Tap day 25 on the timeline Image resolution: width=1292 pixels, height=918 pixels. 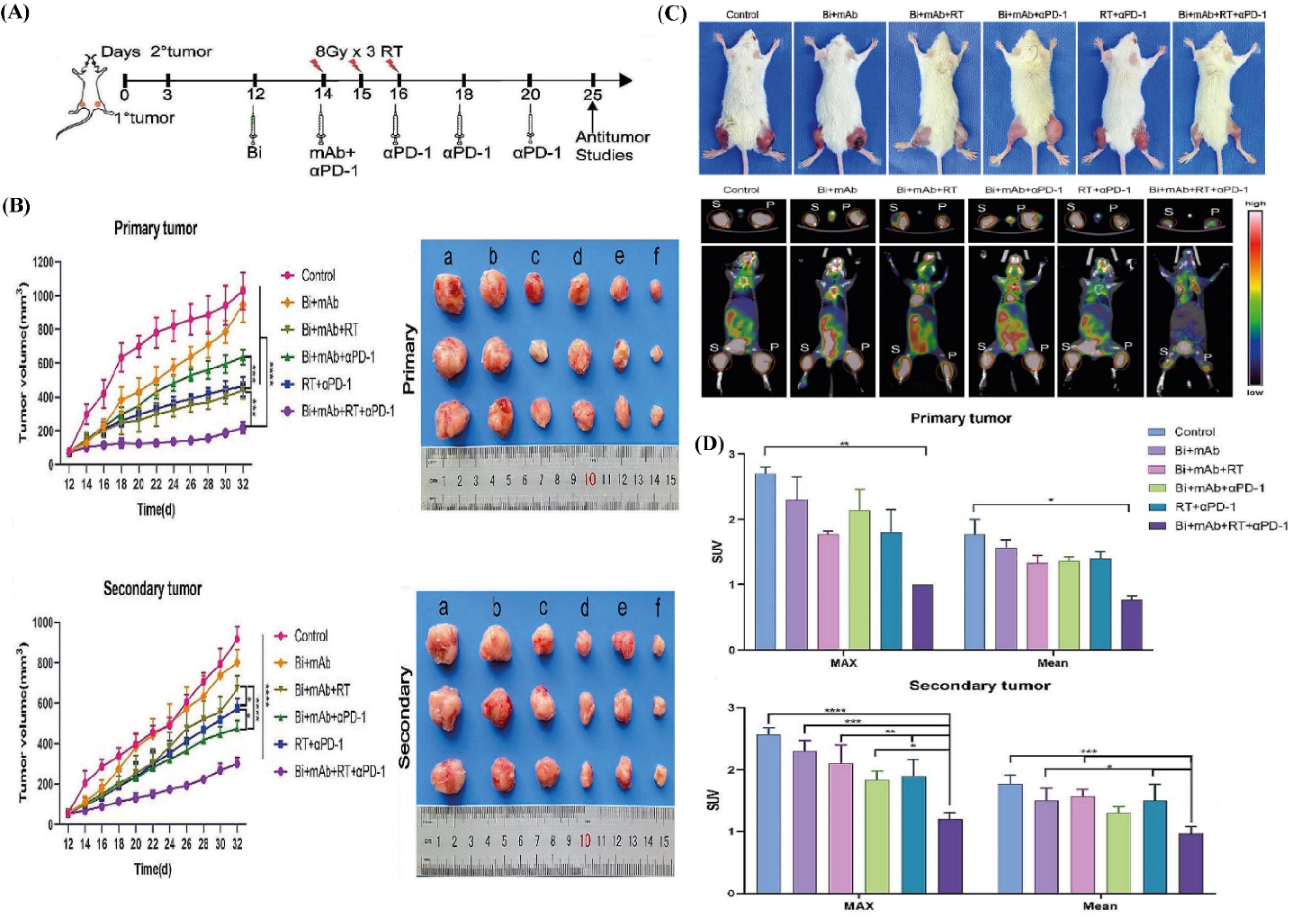(593, 94)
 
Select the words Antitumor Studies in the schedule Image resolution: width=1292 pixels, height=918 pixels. (604, 146)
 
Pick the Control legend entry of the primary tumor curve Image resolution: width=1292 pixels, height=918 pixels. (318, 276)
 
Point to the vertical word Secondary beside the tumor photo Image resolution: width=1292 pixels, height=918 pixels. (405, 718)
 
